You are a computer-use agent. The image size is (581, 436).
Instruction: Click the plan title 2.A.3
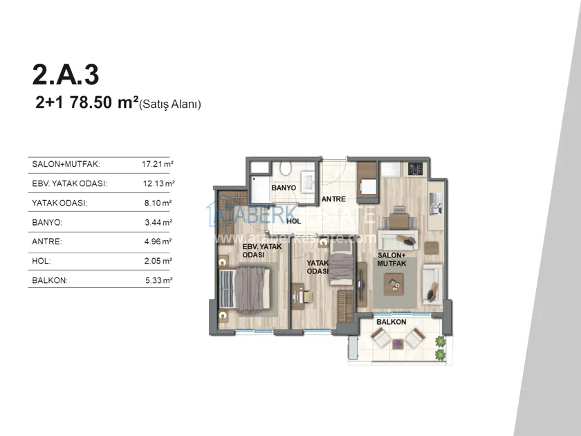[66, 75]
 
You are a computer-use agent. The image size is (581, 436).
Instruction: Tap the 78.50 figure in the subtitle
[91, 102]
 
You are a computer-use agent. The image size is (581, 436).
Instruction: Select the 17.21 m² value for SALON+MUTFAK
[158, 164]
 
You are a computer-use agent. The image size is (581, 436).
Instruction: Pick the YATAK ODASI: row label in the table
[59, 203]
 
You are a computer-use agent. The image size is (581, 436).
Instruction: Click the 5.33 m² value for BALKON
[158, 280]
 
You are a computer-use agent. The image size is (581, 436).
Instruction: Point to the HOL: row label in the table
[41, 261]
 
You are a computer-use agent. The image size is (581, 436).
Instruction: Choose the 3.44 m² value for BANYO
[158, 222]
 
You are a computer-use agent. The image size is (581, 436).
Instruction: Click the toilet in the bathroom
[286, 168]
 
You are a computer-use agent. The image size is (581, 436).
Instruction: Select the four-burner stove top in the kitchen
[416, 168]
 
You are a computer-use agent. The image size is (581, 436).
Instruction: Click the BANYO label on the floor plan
[284, 188]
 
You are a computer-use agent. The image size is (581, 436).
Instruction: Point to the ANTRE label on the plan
[333, 199]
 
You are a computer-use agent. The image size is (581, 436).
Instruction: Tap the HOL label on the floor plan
[293, 221]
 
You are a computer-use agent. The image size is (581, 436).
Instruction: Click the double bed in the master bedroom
[245, 289]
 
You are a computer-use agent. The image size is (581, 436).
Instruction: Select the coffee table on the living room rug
[394, 284]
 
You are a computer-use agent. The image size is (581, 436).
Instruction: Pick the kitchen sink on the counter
[435, 204]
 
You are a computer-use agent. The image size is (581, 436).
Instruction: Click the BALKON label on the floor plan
[391, 322]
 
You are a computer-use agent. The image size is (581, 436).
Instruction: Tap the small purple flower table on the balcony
[398, 344]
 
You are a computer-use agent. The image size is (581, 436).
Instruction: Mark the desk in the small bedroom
[298, 297]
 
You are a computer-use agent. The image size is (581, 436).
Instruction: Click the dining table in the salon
[398, 221]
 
